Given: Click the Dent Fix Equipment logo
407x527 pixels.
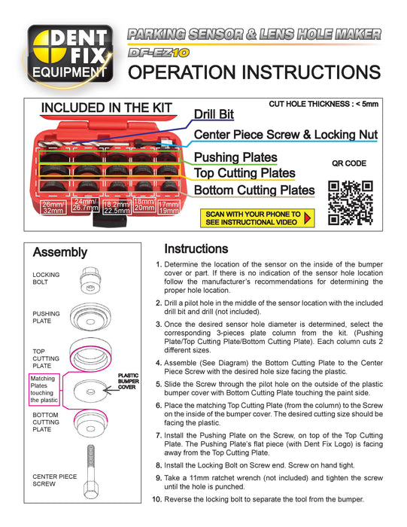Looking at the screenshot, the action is pos(70,54).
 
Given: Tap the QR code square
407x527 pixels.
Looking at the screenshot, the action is pos(351,203).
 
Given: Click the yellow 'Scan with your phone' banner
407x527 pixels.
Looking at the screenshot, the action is pos(257,218).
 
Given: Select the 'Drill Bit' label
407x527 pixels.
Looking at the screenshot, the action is pos(214,114).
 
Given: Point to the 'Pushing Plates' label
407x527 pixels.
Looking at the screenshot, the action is pos(235,157).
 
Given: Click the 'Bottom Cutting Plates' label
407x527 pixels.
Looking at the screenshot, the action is pos(254,190).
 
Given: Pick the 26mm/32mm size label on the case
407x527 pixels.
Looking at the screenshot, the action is pos(53,207).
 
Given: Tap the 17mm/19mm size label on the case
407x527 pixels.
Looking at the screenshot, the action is pos(169,207).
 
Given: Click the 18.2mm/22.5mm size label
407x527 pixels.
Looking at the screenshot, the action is pos(117,208).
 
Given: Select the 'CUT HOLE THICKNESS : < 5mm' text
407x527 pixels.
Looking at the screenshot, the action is pos(323,104).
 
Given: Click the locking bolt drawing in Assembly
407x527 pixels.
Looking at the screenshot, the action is pos(90,280).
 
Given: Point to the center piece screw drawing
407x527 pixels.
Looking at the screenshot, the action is pos(91,472).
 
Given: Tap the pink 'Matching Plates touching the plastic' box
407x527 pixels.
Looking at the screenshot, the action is pos(44,389).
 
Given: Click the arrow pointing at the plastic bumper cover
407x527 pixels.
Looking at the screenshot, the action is pos(111,390).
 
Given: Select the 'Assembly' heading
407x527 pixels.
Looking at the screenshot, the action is pos(60,252).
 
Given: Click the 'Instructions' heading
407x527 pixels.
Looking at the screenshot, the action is pos(196,248).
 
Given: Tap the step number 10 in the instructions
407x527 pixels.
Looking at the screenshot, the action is pos(156,499).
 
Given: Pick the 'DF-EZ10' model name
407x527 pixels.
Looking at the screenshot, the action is pos(159,53).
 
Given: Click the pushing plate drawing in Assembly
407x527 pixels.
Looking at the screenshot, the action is pos(90,318).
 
